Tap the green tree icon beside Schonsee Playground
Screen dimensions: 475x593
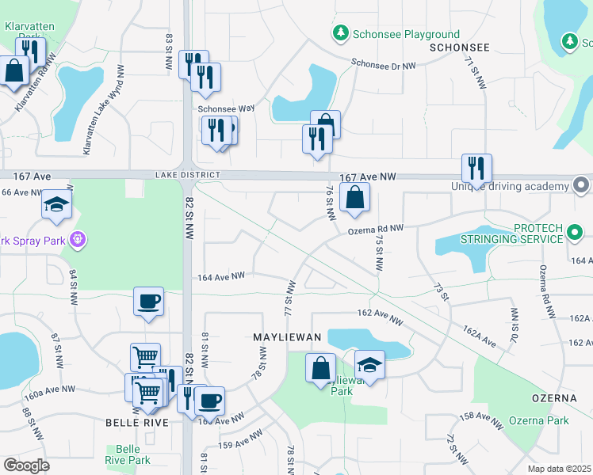pyautogui.click(x=340, y=33)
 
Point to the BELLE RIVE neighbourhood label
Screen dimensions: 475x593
pyautogui.click(x=137, y=423)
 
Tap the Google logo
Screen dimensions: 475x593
pyautogui.click(x=26, y=465)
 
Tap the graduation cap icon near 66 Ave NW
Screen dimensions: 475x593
pyautogui.click(x=57, y=205)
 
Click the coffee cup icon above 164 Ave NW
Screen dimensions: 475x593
pyautogui.click(x=149, y=302)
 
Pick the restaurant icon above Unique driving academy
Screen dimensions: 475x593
pyautogui.click(x=476, y=169)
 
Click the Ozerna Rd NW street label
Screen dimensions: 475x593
pyautogui.click(x=376, y=229)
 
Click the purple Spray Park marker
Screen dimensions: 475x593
pyautogui.click(x=77, y=237)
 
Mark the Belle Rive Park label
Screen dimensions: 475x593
pyautogui.click(x=128, y=454)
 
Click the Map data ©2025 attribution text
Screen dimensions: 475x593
pyautogui.click(x=560, y=469)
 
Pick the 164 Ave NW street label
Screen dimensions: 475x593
pyautogui.click(x=221, y=276)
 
